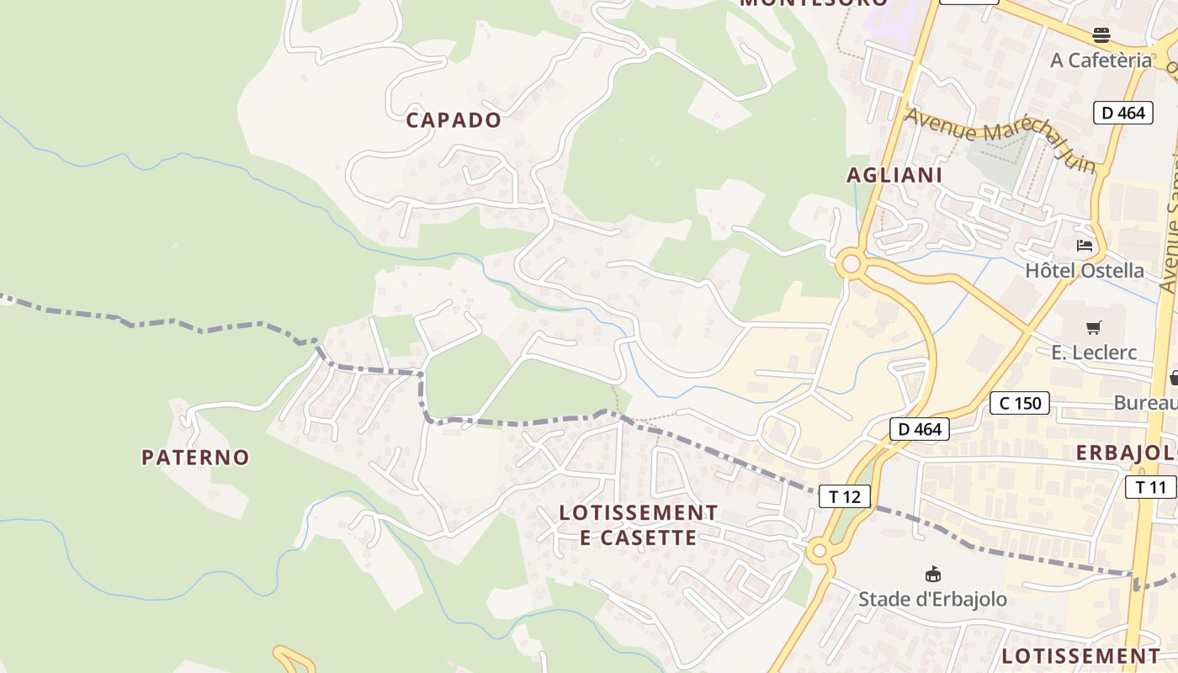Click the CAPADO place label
454,120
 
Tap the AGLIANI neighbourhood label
894,175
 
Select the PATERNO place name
195,458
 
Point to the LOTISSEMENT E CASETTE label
638,525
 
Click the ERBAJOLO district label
1126,453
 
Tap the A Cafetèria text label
1101,60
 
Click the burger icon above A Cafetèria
1101,34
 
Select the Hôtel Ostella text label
1084,270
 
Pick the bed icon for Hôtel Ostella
1085,246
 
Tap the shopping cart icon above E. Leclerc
1093,327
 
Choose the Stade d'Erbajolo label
932,600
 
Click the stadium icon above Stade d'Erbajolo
932,575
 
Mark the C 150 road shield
1021,403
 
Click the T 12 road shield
844,496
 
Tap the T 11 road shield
1150,486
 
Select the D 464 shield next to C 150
920,429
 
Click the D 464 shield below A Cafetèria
1122,113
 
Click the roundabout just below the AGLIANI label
851,265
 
